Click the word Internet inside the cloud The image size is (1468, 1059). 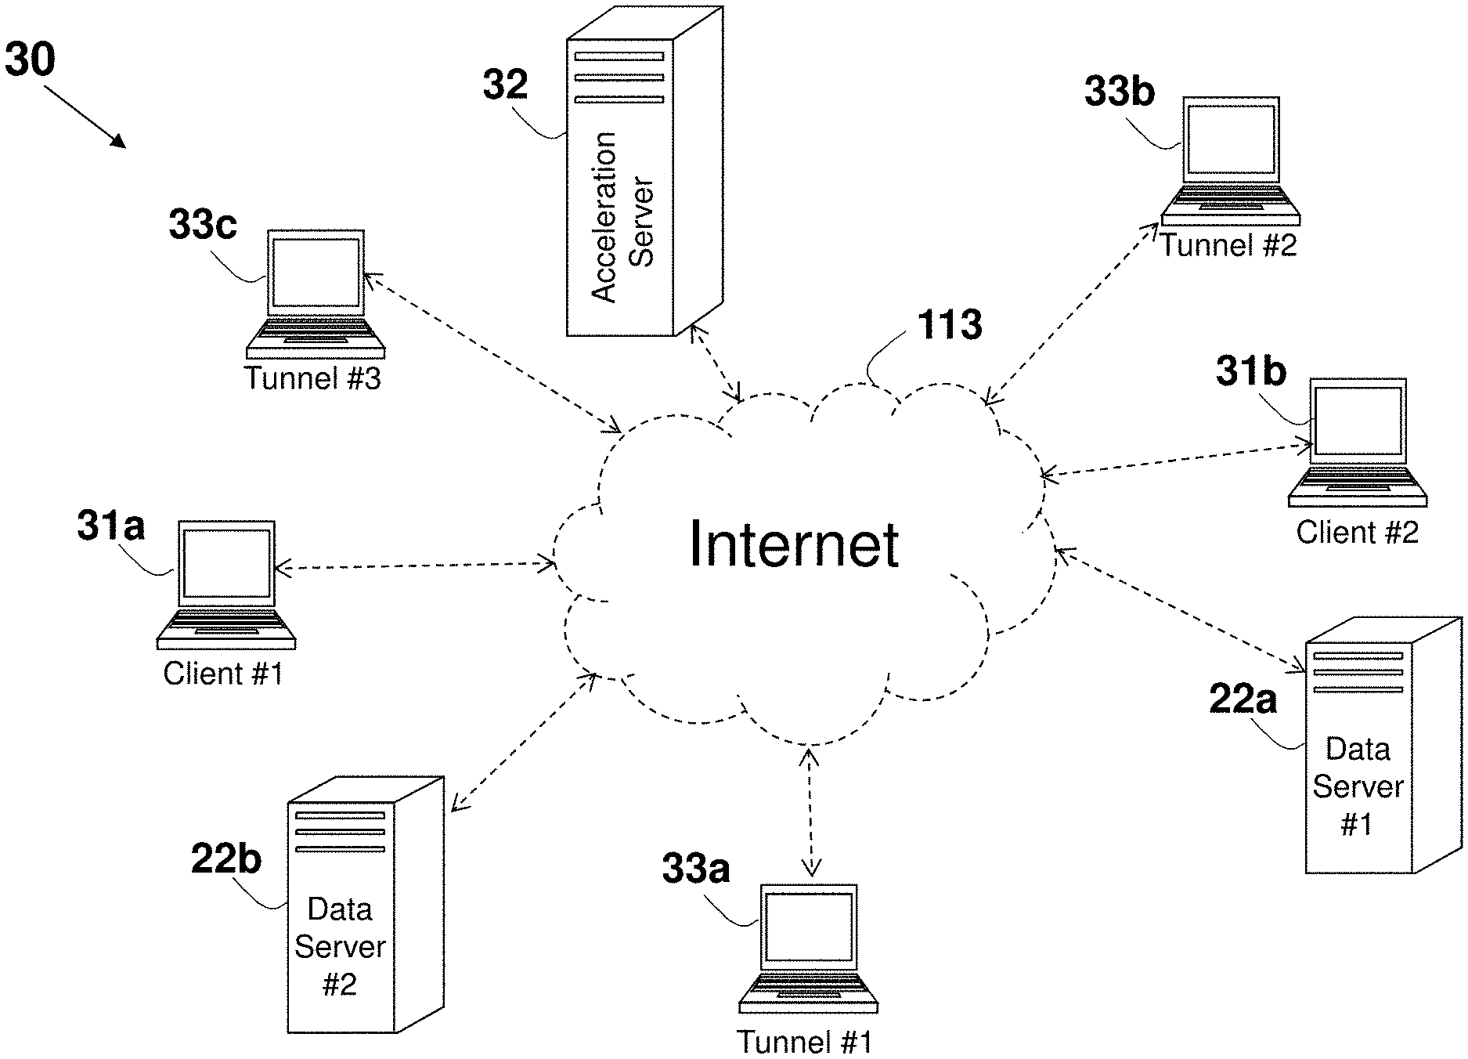coord(794,544)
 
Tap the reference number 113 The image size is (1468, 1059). coord(950,324)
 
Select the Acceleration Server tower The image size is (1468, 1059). coord(644,172)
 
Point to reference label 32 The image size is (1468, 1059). coord(505,85)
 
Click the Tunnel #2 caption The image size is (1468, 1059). coord(1228,245)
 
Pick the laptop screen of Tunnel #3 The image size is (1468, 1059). coord(316,273)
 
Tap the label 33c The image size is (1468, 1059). coord(202,225)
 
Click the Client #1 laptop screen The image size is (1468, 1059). coord(226,563)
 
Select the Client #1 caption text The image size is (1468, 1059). coord(223,674)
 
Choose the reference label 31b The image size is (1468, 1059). coord(1250,371)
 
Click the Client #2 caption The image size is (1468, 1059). coord(1357,533)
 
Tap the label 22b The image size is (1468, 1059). coord(225,859)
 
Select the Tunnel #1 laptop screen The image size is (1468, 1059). coord(809,927)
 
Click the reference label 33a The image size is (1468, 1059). coord(695,869)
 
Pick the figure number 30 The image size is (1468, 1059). coord(30,60)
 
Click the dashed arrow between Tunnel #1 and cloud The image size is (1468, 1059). coord(810,811)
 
